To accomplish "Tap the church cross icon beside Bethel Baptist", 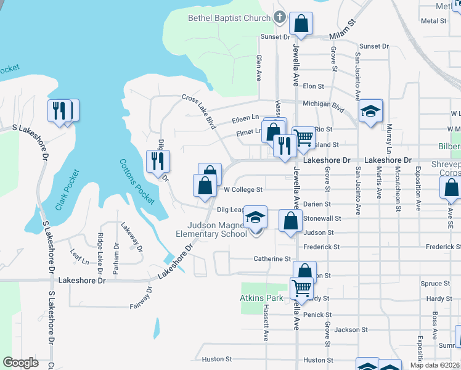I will pos(279,17).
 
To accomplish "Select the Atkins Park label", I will pos(261,298).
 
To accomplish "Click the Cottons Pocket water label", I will pos(137,183).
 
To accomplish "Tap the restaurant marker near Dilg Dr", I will pos(157,161).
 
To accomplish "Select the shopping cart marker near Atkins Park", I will pos(301,287).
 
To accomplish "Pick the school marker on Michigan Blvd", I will pos(370,111).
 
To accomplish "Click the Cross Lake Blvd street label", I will pos(199,111).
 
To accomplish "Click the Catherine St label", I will pos(272,259).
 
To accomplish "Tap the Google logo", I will pos(21,363).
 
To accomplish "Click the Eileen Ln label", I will pos(245,117).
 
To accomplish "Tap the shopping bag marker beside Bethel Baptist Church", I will pos(301,25).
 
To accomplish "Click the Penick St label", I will pos(318,314).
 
